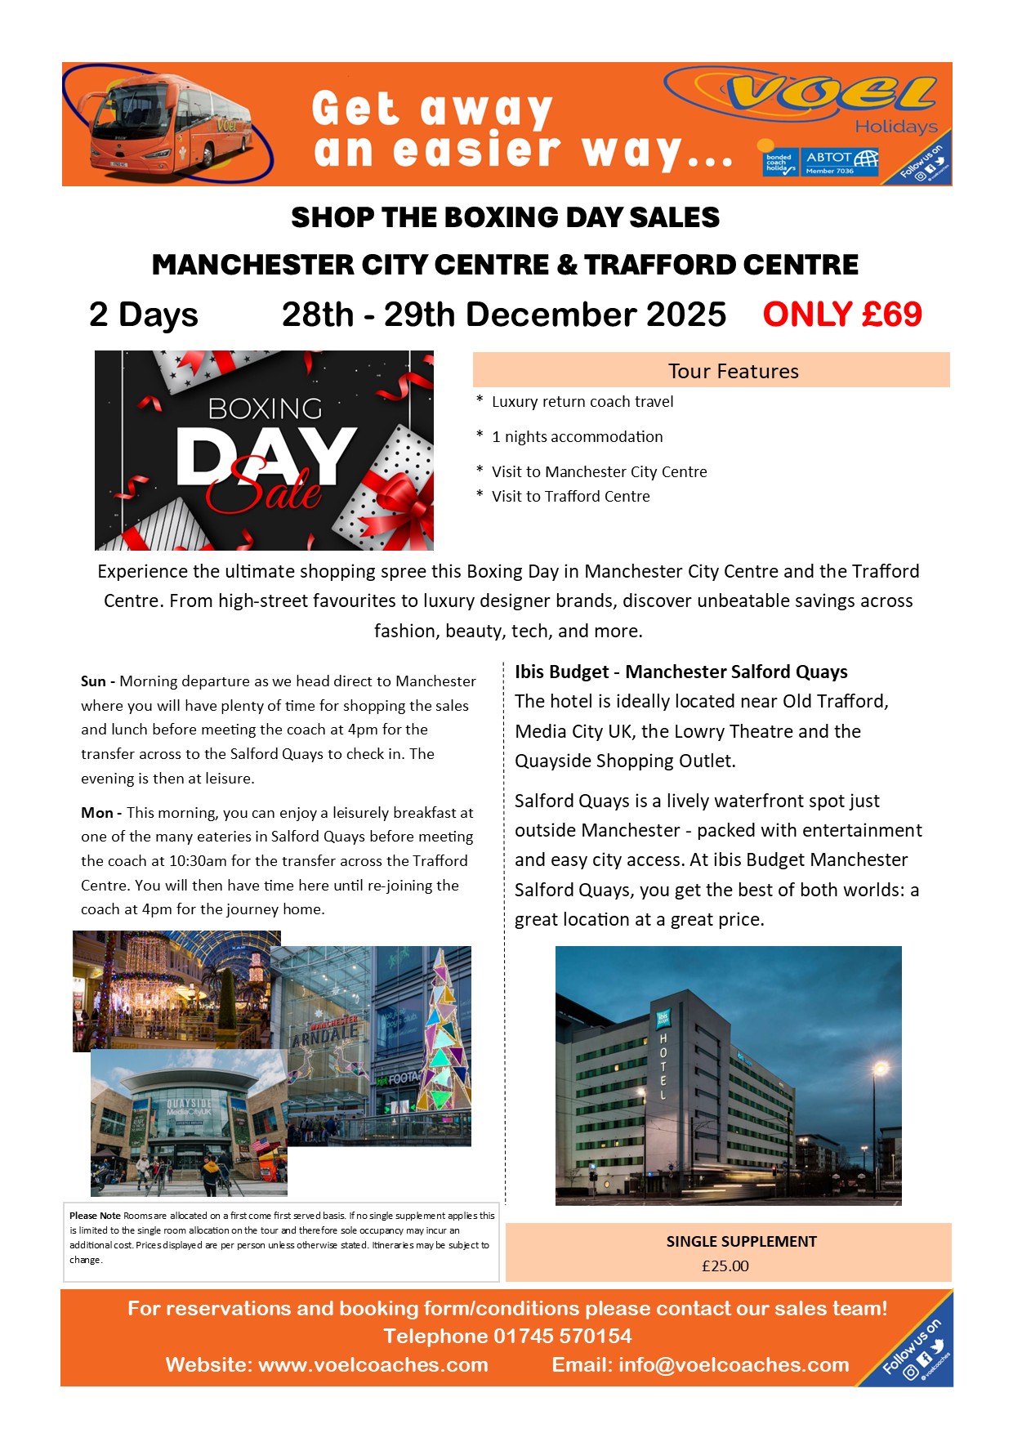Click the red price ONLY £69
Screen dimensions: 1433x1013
click(x=841, y=315)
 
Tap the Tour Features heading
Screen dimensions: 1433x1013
click(x=733, y=371)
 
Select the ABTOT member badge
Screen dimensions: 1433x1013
click(x=841, y=162)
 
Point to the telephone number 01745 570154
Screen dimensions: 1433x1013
click(x=562, y=1336)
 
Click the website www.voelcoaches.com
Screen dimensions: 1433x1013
click(x=373, y=1364)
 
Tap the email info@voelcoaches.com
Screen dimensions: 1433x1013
click(x=733, y=1364)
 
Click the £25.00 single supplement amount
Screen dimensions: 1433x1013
click(x=725, y=1266)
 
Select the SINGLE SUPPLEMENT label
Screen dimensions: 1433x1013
click(x=741, y=1241)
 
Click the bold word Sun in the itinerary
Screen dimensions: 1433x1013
click(x=93, y=681)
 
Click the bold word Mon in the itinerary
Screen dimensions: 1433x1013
click(x=97, y=813)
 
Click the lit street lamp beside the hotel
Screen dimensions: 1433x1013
click(x=880, y=1068)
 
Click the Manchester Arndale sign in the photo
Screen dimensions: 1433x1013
click(x=325, y=1033)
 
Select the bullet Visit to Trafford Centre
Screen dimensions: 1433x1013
click(x=570, y=496)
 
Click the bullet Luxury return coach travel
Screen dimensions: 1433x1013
click(x=582, y=401)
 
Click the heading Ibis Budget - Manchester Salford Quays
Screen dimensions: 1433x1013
click(x=681, y=672)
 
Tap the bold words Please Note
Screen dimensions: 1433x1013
click(x=95, y=1216)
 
